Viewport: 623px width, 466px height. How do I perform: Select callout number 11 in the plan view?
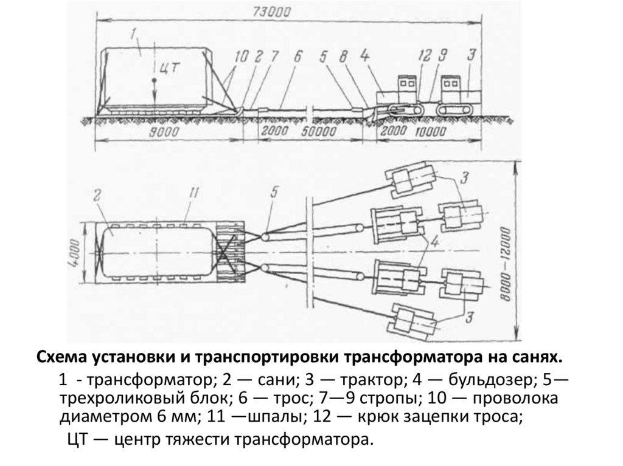193,194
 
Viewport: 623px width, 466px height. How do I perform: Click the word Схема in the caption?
64,355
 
